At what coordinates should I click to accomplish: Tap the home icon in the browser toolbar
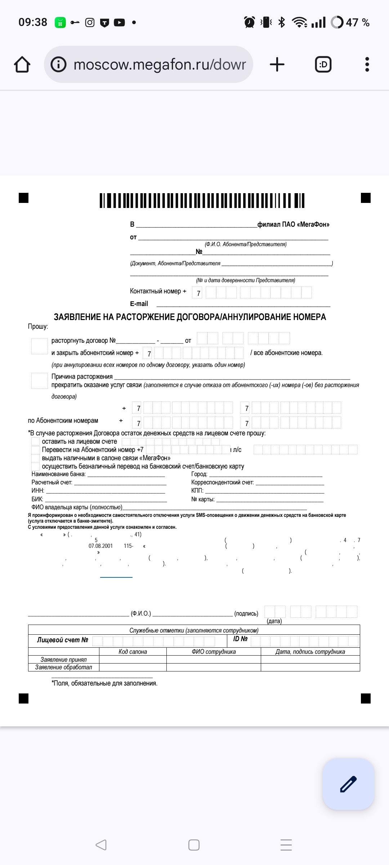pyautogui.click(x=22, y=65)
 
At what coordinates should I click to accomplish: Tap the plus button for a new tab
pyautogui.click(x=277, y=65)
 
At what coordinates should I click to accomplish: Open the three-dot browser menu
pyautogui.click(x=367, y=65)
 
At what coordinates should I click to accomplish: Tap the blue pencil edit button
pyautogui.click(x=348, y=784)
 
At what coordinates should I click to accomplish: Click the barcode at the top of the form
pyautogui.click(x=202, y=201)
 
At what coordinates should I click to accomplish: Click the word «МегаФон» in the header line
pyautogui.click(x=313, y=225)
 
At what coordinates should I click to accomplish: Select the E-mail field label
pyautogui.click(x=139, y=304)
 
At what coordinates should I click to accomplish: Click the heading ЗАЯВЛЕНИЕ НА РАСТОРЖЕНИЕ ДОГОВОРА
pyautogui.click(x=190, y=317)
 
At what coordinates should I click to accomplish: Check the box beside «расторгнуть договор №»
pyautogui.click(x=39, y=346)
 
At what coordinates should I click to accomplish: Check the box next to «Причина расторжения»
pyautogui.click(x=39, y=381)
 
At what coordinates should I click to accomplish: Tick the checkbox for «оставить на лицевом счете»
pyautogui.click(x=35, y=442)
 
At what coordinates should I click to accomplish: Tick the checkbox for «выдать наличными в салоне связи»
pyautogui.click(x=35, y=458)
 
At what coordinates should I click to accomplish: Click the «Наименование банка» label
pyautogui.click(x=58, y=474)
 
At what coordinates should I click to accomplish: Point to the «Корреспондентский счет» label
pyautogui.click(x=222, y=483)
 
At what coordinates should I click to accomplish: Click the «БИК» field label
pyautogui.click(x=37, y=499)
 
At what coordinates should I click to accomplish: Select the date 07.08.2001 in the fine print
pyautogui.click(x=100, y=546)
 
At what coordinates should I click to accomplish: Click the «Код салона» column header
pyautogui.click(x=133, y=652)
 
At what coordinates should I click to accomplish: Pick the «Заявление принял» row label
pyautogui.click(x=63, y=660)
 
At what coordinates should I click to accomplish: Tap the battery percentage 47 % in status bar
pyautogui.click(x=358, y=23)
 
